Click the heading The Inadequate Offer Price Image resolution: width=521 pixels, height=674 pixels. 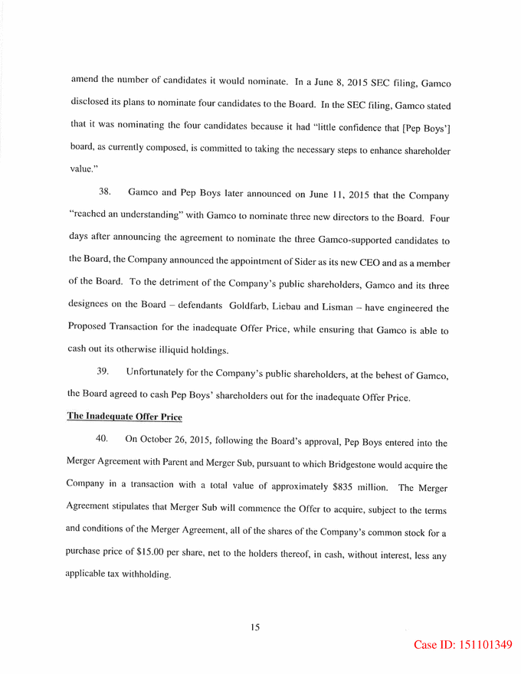pos(124,417)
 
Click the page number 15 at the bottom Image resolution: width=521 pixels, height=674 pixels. pos(255,627)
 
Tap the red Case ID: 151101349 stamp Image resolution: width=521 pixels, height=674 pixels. pos(463,645)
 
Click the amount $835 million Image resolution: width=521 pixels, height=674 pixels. pos(360,487)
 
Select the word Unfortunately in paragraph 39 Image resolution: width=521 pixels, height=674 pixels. pos(158,372)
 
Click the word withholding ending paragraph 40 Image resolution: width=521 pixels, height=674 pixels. pos(141,574)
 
